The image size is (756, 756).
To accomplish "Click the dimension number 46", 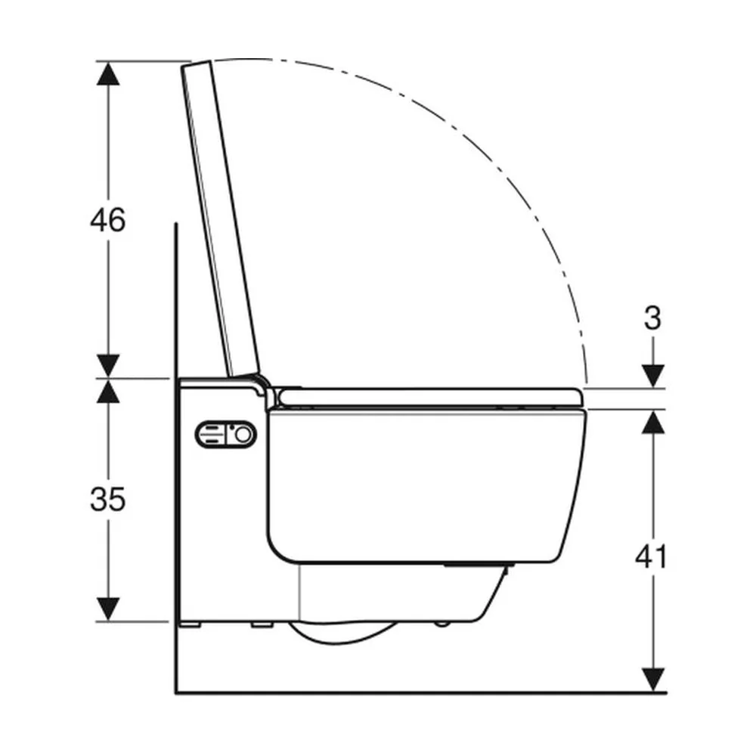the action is [107, 220].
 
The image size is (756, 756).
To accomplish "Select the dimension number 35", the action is [107, 499].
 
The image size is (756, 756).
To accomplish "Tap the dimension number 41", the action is [652, 557].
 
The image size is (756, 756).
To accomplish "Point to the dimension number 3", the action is [653, 319].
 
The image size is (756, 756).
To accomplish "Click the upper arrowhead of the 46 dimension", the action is [108, 73].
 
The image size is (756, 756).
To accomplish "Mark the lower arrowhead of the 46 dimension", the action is [108, 366].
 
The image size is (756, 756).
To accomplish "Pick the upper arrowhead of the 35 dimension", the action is [108, 391].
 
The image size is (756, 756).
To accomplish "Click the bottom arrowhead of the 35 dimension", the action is [108, 609].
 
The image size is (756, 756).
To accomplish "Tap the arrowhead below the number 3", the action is [653, 376].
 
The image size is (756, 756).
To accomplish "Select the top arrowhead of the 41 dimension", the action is [653, 421].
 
